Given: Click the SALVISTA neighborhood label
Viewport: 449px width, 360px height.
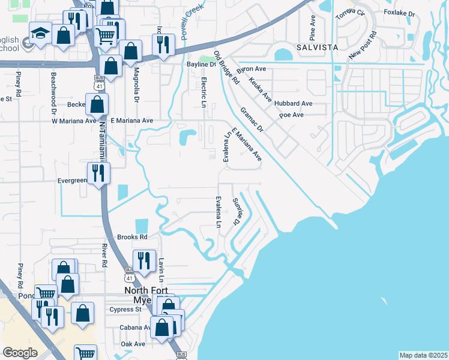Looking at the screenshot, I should (316, 47).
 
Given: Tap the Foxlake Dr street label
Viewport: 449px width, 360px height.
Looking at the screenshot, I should (399, 12).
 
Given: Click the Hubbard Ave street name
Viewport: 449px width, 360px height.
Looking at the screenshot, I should (294, 103).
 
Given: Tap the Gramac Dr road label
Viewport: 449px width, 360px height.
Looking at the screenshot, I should (252, 119).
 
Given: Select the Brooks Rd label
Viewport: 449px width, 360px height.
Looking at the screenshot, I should (133, 237).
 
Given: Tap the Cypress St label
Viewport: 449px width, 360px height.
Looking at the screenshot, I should (125, 310).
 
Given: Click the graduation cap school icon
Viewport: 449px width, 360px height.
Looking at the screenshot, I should (40, 33).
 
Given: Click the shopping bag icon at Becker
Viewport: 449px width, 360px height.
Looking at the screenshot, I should (97, 104).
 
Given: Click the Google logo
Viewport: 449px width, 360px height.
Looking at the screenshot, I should (20, 353).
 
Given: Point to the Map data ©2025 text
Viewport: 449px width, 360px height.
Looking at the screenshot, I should (423, 355).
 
